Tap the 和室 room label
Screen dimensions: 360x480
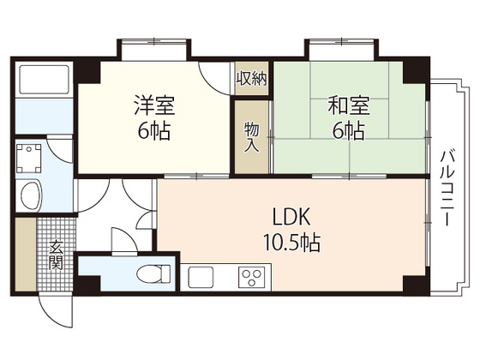348,106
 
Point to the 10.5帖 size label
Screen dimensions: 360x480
291,243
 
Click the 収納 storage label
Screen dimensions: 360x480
251,78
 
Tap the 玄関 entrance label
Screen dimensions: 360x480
56,256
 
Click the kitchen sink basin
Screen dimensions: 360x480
206,277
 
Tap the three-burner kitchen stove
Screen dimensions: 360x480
251,277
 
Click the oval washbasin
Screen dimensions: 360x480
31,195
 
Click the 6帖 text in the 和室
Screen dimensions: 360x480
348,132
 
